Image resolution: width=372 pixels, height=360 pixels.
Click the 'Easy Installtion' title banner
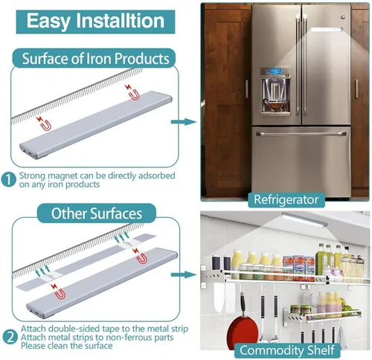[95, 22]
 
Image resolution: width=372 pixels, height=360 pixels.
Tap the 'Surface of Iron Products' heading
[95, 59]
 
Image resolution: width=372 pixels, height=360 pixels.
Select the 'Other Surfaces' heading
[97, 213]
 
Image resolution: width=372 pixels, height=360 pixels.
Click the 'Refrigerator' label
[286, 200]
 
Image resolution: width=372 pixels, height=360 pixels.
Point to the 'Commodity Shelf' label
[287, 350]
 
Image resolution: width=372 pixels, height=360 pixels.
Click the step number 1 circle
[8, 179]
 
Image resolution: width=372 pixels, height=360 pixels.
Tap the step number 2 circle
[10, 337]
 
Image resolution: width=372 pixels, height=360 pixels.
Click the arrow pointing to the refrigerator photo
[184, 122]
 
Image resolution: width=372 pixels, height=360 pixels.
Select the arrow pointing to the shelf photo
[184, 274]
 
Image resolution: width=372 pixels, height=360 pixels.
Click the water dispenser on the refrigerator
[275, 91]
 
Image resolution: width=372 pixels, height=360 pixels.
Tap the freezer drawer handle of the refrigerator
[301, 134]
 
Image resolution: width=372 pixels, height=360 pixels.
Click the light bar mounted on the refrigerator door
[327, 30]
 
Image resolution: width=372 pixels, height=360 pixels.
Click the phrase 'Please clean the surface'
[66, 346]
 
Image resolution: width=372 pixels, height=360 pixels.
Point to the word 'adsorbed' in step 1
[157, 176]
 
